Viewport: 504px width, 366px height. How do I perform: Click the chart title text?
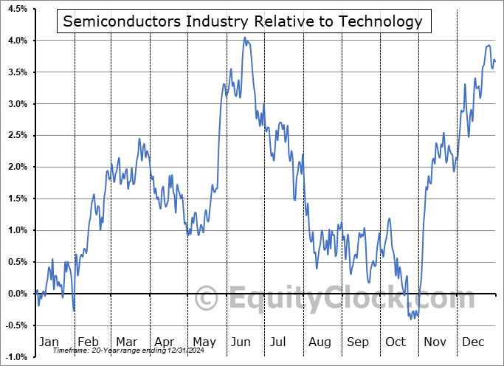(x=243, y=21)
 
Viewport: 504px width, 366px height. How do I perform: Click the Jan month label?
(x=48, y=342)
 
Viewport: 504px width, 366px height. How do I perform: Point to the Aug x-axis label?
(x=320, y=342)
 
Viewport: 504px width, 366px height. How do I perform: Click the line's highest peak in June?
(x=245, y=38)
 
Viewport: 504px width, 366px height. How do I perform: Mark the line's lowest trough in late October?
(x=411, y=319)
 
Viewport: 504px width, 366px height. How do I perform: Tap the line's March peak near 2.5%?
(x=139, y=139)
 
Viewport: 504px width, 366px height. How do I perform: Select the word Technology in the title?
(x=382, y=21)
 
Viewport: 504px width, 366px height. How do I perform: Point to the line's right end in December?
(x=495, y=61)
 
